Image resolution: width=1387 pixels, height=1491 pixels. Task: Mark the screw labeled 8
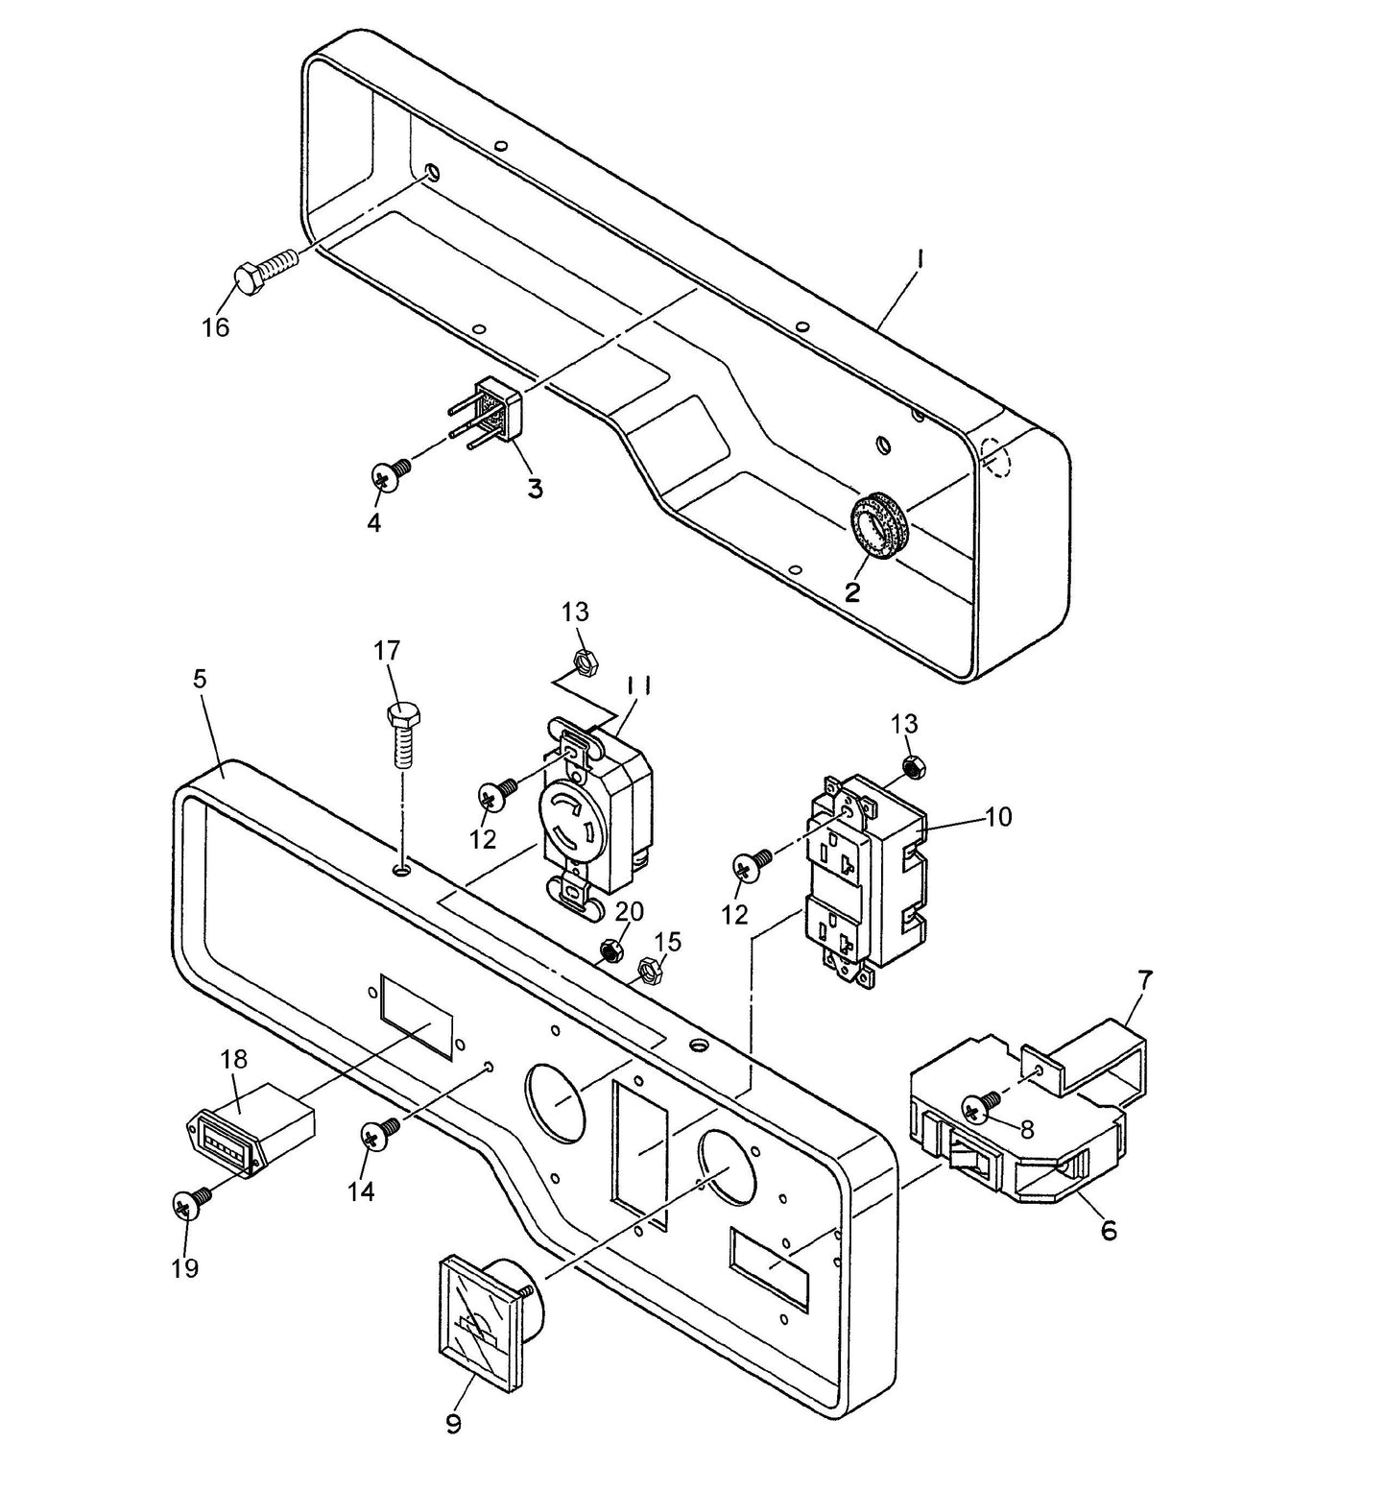977,1110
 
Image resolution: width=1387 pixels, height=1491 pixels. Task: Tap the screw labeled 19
187,1206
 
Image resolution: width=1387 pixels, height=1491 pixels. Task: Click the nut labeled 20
610,950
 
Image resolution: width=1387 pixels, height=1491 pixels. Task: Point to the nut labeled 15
650,973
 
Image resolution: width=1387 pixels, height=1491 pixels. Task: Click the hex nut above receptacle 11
581,660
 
